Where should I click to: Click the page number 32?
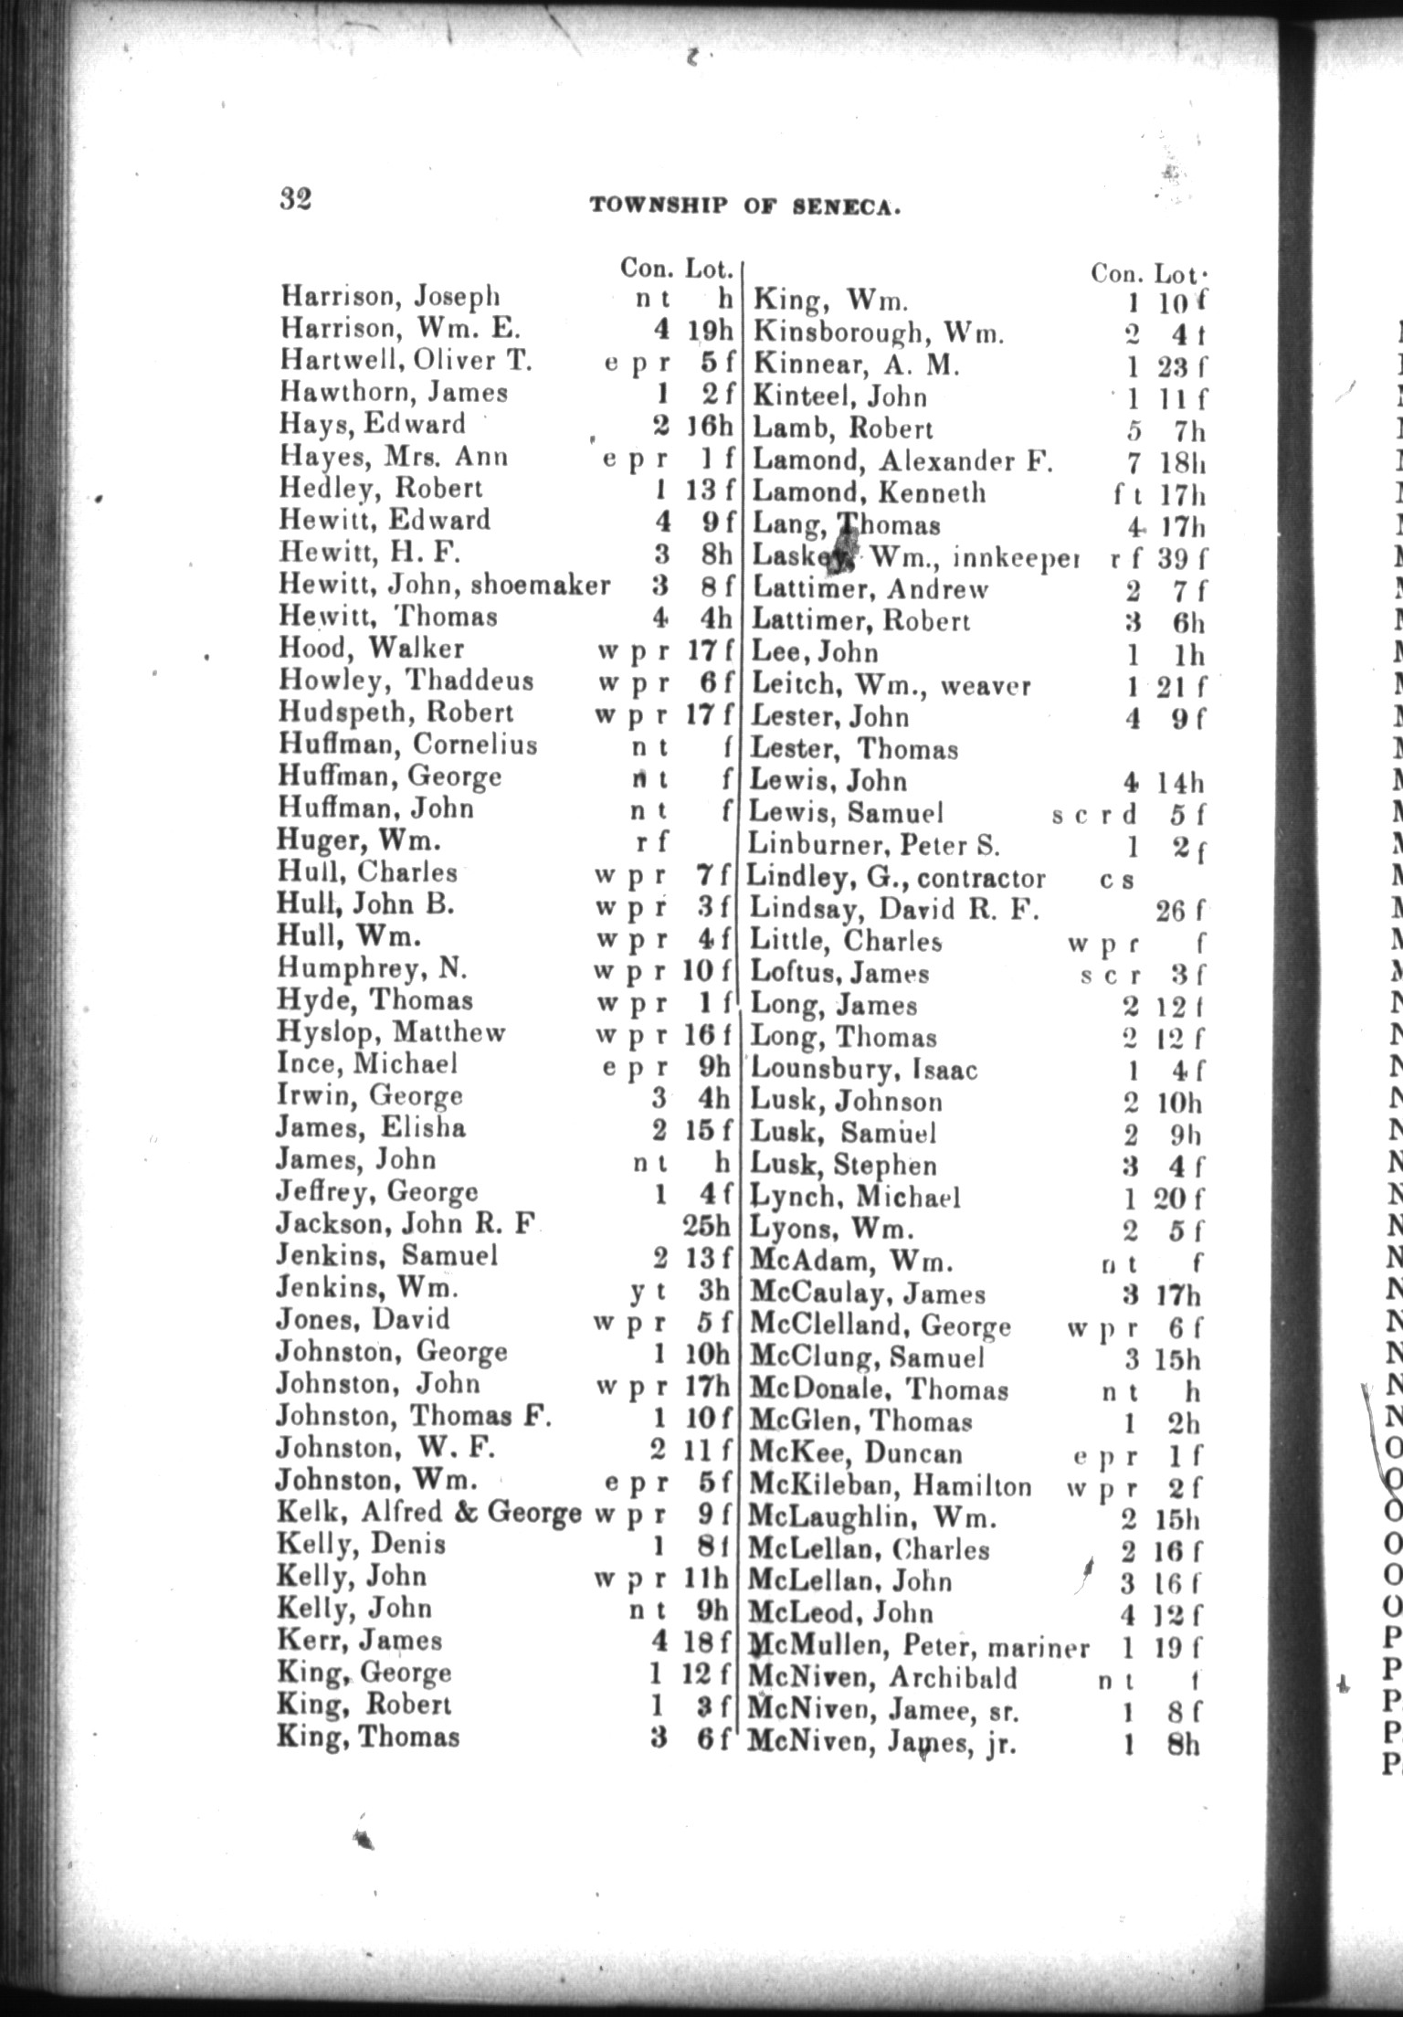296,197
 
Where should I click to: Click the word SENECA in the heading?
847,207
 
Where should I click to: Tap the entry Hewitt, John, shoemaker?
444,585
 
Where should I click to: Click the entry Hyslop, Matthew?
391,1032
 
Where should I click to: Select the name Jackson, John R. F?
405,1223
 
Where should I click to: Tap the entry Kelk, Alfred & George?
428,1513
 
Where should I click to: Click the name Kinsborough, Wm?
878,333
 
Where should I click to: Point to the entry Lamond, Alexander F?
902,460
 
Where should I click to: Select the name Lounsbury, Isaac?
863,1069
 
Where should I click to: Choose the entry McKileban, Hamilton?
890,1486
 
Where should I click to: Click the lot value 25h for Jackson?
707,1223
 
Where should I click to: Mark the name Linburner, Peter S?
874,846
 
